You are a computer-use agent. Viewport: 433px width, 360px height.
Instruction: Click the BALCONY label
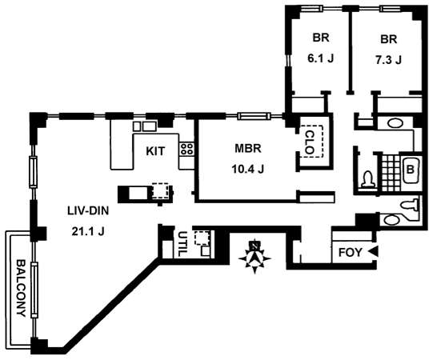pos(22,288)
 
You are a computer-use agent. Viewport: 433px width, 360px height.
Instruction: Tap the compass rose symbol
pos(255,258)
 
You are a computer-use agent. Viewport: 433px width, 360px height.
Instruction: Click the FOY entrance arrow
pos(374,252)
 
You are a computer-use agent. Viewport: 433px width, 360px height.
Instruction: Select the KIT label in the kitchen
pos(155,151)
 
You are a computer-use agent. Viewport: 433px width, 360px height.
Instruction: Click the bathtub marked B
pos(411,170)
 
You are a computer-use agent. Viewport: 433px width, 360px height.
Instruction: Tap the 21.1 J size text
pos(88,231)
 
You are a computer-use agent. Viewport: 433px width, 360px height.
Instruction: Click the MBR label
pos(247,149)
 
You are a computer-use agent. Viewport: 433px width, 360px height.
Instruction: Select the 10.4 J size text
pos(247,169)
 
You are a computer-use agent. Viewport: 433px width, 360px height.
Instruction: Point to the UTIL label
pos(182,244)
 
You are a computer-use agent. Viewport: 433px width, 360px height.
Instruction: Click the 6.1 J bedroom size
pos(321,58)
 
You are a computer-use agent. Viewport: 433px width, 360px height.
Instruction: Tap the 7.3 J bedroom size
pos(388,60)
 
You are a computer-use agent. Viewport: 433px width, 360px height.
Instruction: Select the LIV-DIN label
pos(88,211)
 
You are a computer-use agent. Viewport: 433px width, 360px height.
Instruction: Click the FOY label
pos(350,253)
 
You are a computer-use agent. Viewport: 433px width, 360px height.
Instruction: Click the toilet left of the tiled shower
pos(368,179)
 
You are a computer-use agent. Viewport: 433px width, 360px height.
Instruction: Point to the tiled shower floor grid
pos(389,173)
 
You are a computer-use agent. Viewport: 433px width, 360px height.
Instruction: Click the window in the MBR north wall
pos(254,116)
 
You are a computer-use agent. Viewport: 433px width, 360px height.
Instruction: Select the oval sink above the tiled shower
pos(395,123)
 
